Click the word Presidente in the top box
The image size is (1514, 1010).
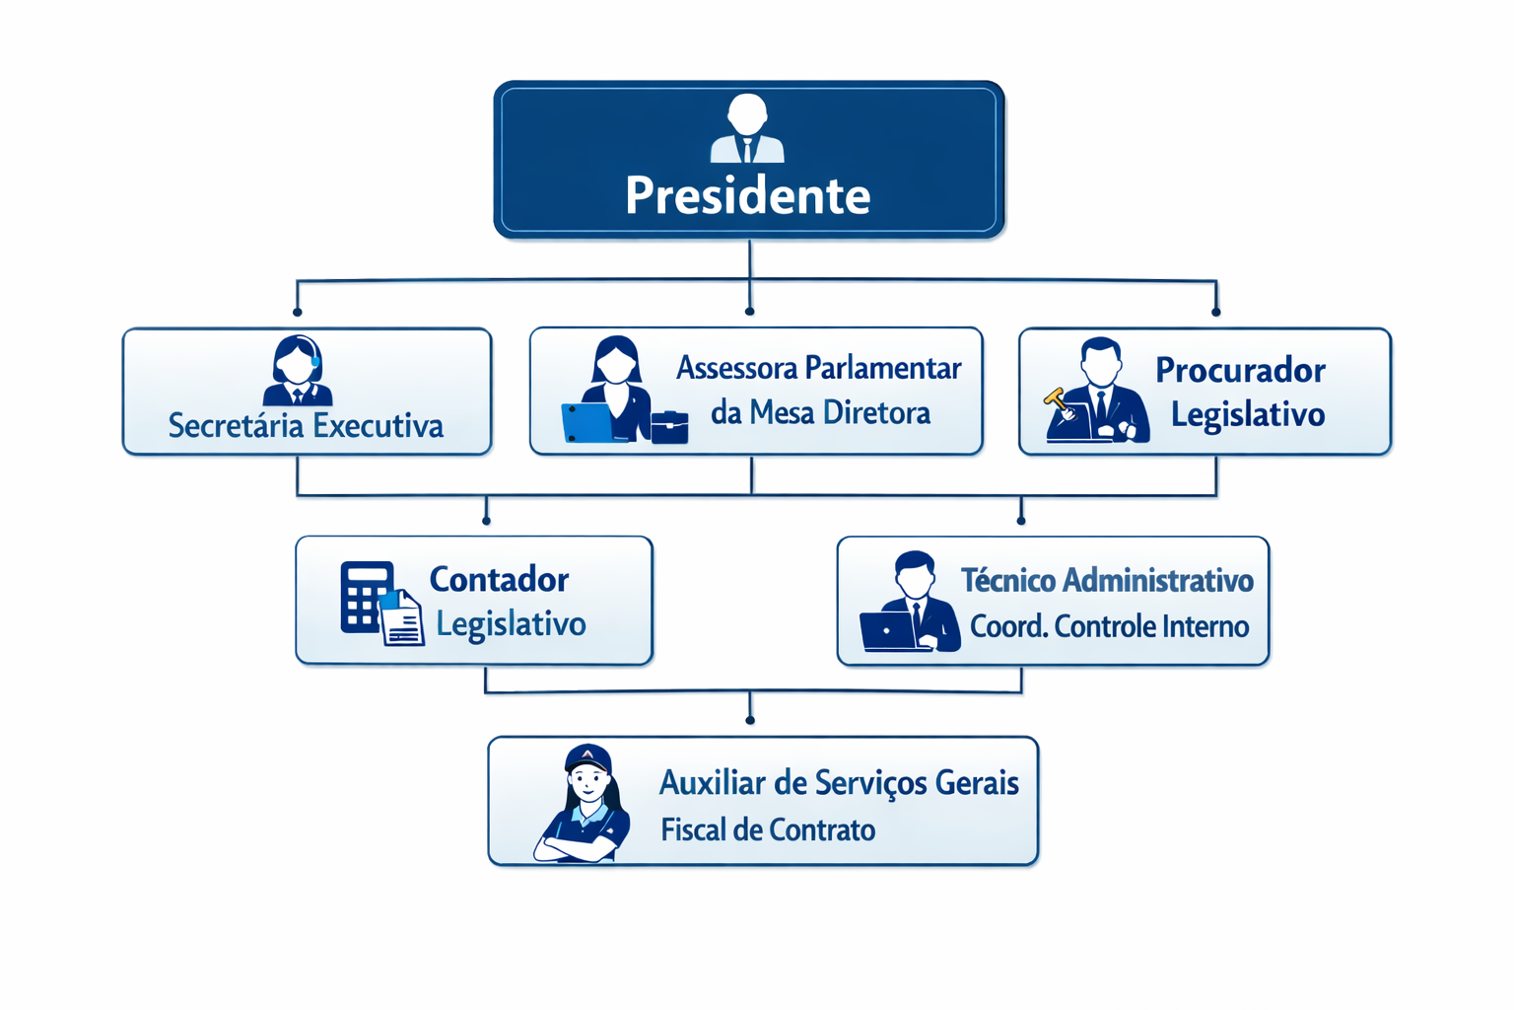[x=747, y=195]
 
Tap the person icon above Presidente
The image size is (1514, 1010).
[x=747, y=128]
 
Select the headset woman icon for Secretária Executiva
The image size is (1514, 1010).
[x=298, y=371]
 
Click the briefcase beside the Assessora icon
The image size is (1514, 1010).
[x=669, y=426]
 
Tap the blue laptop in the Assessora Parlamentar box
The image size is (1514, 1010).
[x=587, y=422]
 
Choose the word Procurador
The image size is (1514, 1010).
[x=1240, y=370]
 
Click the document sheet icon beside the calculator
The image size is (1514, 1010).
[x=402, y=619]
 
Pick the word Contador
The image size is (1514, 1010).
[x=499, y=579]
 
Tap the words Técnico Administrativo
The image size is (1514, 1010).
[x=1107, y=580]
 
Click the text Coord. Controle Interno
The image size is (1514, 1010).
[x=1109, y=626]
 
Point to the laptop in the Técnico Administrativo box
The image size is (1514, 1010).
[x=889, y=631]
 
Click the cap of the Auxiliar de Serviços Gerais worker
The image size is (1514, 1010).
[x=587, y=757]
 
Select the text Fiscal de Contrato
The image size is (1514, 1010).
[x=768, y=830]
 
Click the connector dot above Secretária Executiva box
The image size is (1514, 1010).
[x=298, y=312]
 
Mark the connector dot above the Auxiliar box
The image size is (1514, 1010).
[x=750, y=721]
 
